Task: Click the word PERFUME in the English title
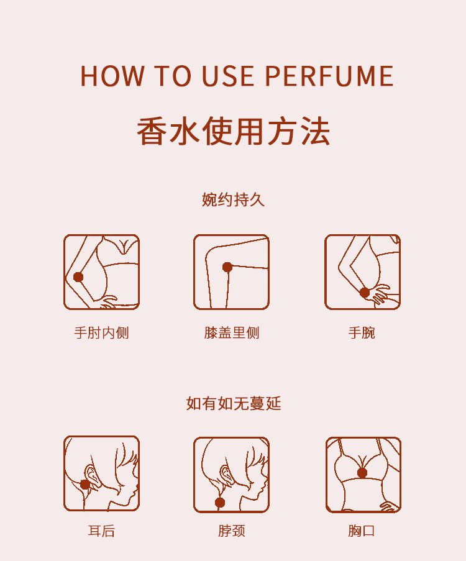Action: coord(329,76)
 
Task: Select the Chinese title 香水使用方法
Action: coord(233,131)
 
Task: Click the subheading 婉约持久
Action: coord(233,199)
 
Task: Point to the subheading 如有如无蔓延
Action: coord(233,403)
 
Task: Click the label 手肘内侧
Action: coord(101,333)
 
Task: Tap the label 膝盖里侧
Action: coord(232,333)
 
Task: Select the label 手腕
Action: coord(362,333)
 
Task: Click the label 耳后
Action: coord(101,531)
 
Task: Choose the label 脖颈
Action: coord(232,531)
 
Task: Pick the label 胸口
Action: coord(362,531)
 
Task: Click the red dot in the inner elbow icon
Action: coord(78,277)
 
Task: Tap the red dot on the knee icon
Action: coord(227,267)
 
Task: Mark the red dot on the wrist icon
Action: coord(365,293)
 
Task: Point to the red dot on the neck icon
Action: coord(220,502)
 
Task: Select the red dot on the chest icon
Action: coord(362,473)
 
